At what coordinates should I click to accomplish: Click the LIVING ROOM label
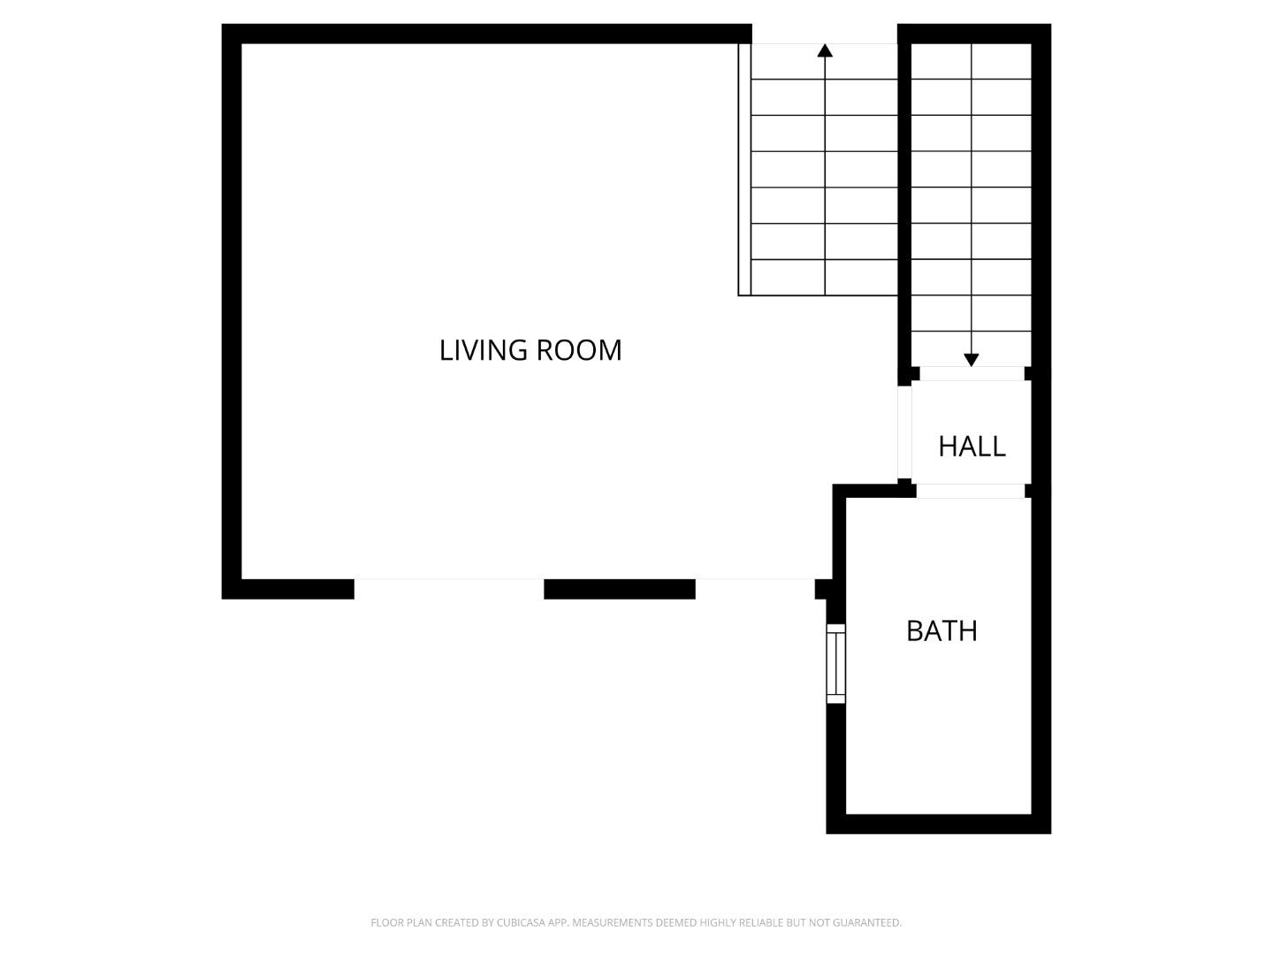pyautogui.click(x=530, y=350)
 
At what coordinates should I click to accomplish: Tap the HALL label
pyautogui.click(x=972, y=447)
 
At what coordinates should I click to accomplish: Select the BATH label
pyautogui.click(x=941, y=631)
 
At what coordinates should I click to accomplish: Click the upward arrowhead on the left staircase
pyautogui.click(x=825, y=50)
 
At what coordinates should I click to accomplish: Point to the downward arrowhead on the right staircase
pyautogui.click(x=972, y=360)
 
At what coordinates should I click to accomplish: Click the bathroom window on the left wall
pyautogui.click(x=835, y=663)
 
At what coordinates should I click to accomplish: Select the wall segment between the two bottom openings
pyautogui.click(x=619, y=589)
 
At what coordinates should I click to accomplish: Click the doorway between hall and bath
pyautogui.click(x=971, y=491)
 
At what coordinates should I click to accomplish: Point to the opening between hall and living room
pyautogui.click(x=904, y=432)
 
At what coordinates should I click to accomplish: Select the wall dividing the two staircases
pyautogui.click(x=904, y=203)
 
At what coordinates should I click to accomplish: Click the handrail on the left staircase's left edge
pyautogui.click(x=744, y=168)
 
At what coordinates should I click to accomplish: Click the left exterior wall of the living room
pyautogui.click(x=232, y=309)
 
